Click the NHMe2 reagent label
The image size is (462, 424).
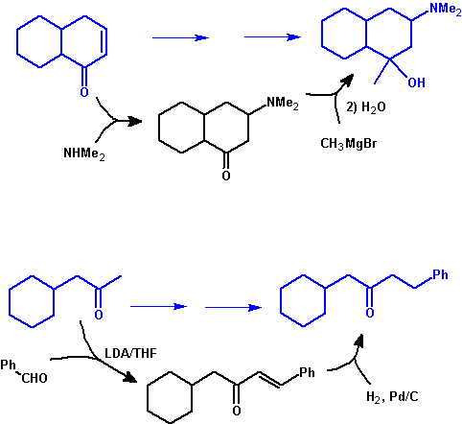(x=84, y=153)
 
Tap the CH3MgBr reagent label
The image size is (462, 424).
(x=348, y=143)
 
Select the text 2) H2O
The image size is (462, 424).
(x=366, y=107)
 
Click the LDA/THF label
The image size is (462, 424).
(x=130, y=353)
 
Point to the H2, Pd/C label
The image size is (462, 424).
(x=392, y=397)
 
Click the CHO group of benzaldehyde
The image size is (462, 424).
(x=35, y=378)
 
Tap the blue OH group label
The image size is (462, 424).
(x=416, y=82)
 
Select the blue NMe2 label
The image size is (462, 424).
(x=446, y=9)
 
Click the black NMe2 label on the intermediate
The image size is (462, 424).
(x=283, y=103)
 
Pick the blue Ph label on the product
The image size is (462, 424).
(x=440, y=274)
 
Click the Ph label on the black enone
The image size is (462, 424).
(x=307, y=372)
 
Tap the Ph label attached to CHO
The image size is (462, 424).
(x=8, y=365)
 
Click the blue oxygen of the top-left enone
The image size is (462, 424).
(x=84, y=92)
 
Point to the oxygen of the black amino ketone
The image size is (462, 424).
(x=226, y=176)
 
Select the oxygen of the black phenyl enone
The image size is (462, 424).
(x=237, y=411)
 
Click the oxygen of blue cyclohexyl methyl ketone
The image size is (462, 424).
(x=99, y=315)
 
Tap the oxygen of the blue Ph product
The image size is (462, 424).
(x=370, y=313)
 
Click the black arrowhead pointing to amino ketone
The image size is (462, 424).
(x=133, y=121)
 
